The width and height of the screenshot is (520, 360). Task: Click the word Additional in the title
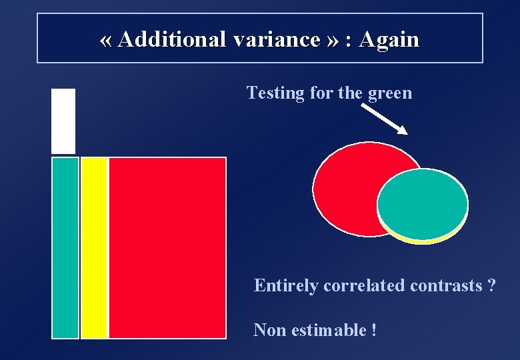(x=173, y=40)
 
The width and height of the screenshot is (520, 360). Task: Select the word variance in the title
(x=277, y=40)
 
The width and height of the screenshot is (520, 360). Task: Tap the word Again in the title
(x=389, y=40)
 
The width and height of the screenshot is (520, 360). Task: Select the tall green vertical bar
(x=65, y=247)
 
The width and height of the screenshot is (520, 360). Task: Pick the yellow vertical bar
(x=94, y=247)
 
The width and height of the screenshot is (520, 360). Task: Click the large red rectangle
(x=167, y=247)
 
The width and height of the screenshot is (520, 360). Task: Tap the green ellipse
(x=423, y=203)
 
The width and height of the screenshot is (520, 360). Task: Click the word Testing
(x=275, y=93)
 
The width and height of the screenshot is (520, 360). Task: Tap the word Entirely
(x=286, y=286)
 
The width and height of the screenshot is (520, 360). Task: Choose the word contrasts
(x=446, y=286)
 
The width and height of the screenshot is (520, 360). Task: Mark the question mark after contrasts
(x=491, y=286)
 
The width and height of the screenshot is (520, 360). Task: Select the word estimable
(x=327, y=330)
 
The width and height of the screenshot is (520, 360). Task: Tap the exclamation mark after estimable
(x=373, y=330)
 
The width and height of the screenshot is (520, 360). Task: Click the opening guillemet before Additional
(x=105, y=41)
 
